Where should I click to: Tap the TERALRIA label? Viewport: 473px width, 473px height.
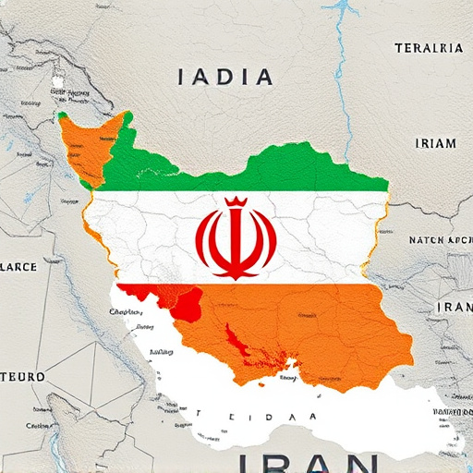[429, 48]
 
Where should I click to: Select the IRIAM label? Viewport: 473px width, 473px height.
[435, 142]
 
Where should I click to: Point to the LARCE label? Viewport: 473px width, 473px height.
[18, 267]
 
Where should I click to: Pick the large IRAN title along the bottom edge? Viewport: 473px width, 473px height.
[306, 461]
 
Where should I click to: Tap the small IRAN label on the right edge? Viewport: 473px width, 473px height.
[454, 307]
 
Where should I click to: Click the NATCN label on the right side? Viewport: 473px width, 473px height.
[440, 240]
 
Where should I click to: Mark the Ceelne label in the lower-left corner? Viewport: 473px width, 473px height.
[38, 426]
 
